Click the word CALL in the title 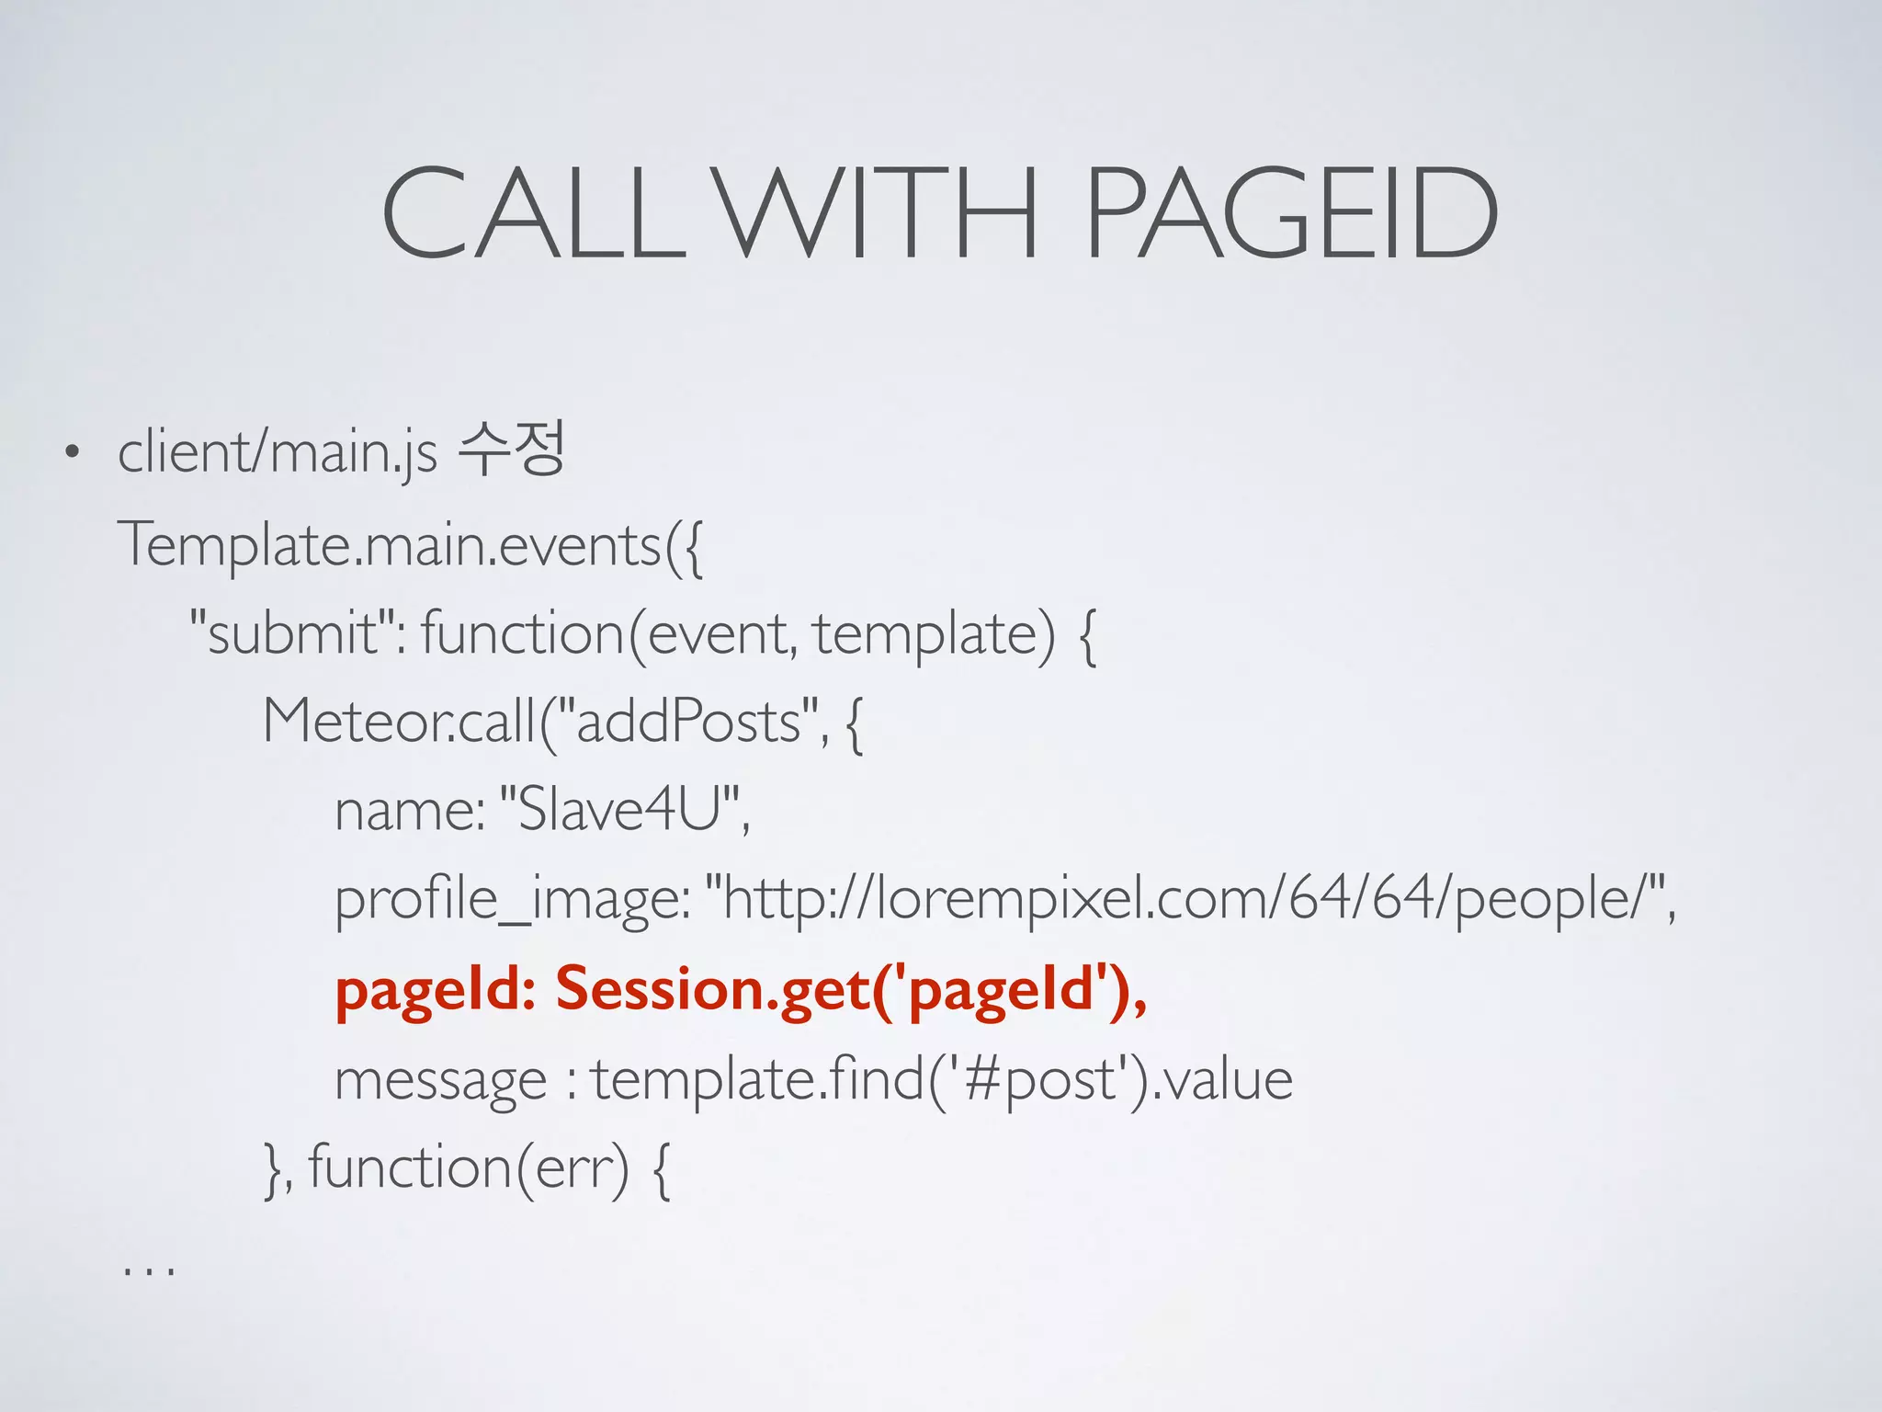[533, 213]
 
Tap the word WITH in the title [878, 213]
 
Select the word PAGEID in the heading [1291, 213]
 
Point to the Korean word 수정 [511, 450]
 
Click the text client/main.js [277, 452]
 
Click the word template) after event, [934, 633]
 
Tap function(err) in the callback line [469, 1167]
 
